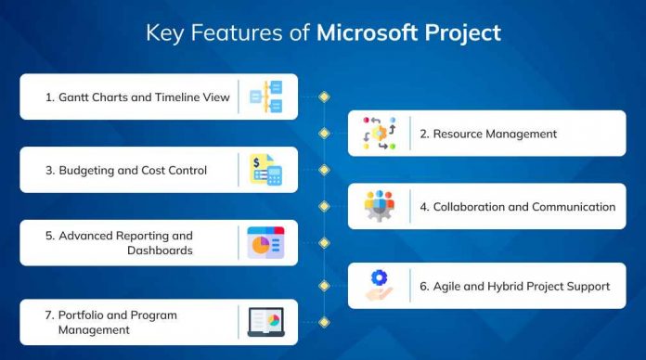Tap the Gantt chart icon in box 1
click(266, 96)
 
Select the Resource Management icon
click(379, 134)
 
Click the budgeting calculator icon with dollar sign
click(266, 170)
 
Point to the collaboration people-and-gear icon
click(379, 206)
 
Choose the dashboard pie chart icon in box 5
click(266, 243)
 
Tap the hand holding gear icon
click(379, 285)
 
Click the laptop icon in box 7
click(266, 321)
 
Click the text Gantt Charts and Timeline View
click(137, 97)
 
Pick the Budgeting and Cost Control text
click(126, 171)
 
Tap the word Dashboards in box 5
click(161, 251)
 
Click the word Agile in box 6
click(448, 286)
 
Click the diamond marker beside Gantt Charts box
click(324, 96)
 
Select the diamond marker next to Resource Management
click(324, 134)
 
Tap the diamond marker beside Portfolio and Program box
click(324, 322)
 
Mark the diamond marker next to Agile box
click(324, 285)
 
